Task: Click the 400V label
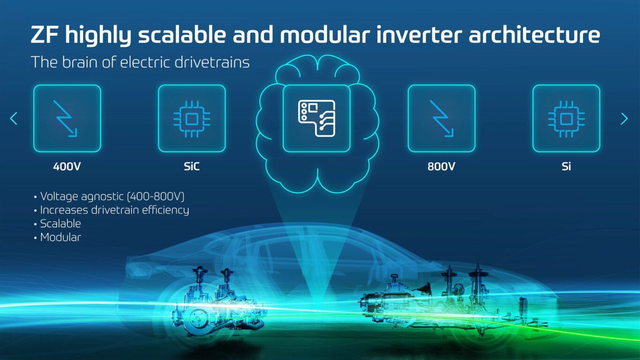click(67, 166)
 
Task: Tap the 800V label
click(441, 166)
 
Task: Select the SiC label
click(192, 166)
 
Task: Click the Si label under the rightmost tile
click(566, 166)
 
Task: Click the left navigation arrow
click(14, 119)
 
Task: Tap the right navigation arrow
click(624, 119)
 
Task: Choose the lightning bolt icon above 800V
click(441, 119)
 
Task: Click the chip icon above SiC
click(192, 119)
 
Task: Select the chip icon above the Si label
click(566, 119)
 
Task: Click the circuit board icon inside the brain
click(316, 119)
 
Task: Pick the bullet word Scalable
click(60, 224)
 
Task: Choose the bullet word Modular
click(60, 237)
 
